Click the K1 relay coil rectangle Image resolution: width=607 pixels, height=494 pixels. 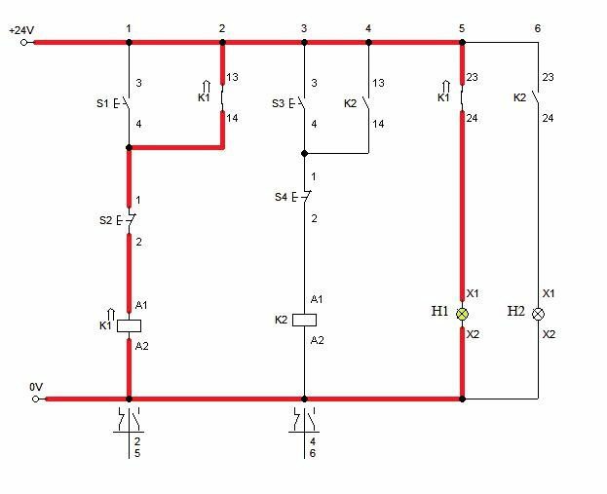tap(129, 326)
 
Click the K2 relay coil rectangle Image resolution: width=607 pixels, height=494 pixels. tap(304, 320)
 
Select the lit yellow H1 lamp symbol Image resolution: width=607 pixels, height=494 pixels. tap(462, 314)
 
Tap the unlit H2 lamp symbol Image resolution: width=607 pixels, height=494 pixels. tap(538, 314)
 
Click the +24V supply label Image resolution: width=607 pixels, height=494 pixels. tap(21, 30)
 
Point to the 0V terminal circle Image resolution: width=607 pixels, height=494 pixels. tap(36, 399)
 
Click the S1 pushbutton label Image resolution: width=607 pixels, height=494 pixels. tap(102, 103)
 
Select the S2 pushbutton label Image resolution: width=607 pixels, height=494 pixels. tap(105, 220)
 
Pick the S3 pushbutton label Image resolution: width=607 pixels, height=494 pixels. tap(278, 103)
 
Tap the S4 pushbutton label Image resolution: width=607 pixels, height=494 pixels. tap(281, 197)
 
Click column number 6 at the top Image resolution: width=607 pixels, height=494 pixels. tap(537, 28)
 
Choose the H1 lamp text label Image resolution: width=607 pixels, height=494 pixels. tap(439, 311)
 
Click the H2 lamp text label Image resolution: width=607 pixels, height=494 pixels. tap(516, 311)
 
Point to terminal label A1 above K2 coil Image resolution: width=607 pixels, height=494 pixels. tap(317, 299)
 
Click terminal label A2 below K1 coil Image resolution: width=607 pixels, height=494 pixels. tap(141, 346)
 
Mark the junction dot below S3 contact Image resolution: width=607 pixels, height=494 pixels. tap(304, 154)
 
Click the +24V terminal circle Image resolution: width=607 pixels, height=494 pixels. tap(24, 43)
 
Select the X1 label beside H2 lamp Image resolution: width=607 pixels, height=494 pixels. tap(549, 293)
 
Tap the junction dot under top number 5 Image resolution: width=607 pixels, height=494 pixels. tap(462, 43)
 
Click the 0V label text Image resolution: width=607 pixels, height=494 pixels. tap(36, 387)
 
